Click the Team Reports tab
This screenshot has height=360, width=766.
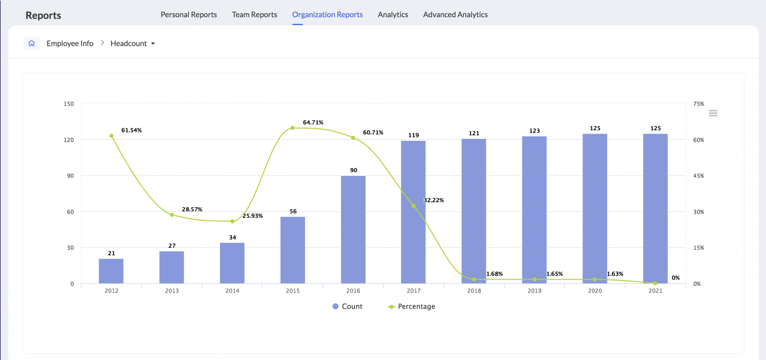pyautogui.click(x=254, y=15)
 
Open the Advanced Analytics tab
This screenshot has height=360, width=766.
pyautogui.click(x=455, y=15)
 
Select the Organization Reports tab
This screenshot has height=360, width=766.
pyautogui.click(x=327, y=15)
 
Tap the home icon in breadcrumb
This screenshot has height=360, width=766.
pyautogui.click(x=32, y=43)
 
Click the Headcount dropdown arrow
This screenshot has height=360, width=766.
pyautogui.click(x=153, y=44)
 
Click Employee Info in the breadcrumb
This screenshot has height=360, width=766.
pyautogui.click(x=70, y=44)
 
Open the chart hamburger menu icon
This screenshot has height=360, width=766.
pyautogui.click(x=713, y=113)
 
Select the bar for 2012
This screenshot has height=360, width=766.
pyautogui.click(x=111, y=271)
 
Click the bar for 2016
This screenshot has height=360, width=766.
pyautogui.click(x=353, y=230)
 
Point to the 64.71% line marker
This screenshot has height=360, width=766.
pyautogui.click(x=292, y=128)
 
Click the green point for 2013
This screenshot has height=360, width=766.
pyautogui.click(x=172, y=215)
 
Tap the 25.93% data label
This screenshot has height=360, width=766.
pyautogui.click(x=252, y=216)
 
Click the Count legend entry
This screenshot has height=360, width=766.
pyautogui.click(x=347, y=306)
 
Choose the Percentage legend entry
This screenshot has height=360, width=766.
pyautogui.click(x=412, y=306)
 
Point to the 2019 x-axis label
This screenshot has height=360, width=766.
pyautogui.click(x=534, y=291)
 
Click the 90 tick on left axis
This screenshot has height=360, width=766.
pyautogui.click(x=70, y=176)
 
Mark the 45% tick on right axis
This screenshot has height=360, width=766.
pyautogui.click(x=698, y=176)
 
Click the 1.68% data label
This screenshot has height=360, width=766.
pyautogui.click(x=494, y=274)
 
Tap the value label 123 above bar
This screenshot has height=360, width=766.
pyautogui.click(x=534, y=131)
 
